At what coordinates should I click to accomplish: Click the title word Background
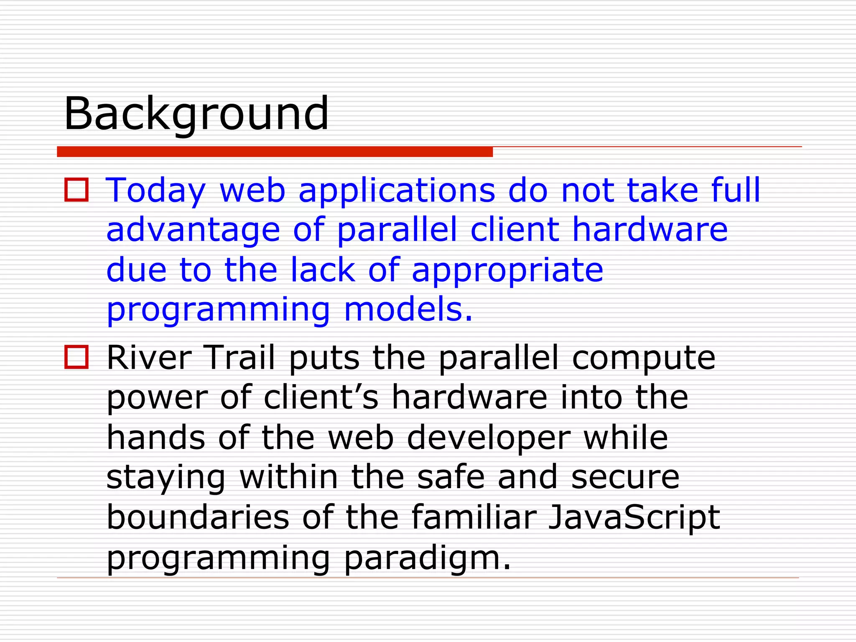click(x=196, y=114)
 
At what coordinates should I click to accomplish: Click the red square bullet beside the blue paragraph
click(x=76, y=190)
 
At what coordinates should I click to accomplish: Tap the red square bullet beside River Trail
click(x=76, y=357)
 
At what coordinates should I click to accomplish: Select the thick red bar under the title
click(x=275, y=152)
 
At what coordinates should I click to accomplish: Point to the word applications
click(x=397, y=191)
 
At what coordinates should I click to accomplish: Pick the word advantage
click(x=193, y=231)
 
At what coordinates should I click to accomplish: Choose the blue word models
click(x=409, y=310)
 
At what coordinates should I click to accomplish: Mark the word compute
click(x=643, y=359)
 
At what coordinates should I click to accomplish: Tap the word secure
click(x=625, y=477)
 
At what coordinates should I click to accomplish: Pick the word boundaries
click(x=198, y=517)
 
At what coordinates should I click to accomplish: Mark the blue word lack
click(x=323, y=270)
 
